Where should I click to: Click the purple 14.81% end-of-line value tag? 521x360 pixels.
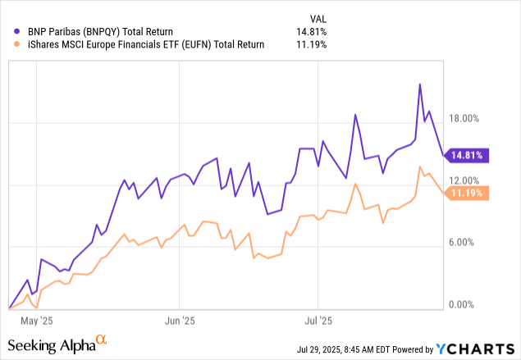[468, 154]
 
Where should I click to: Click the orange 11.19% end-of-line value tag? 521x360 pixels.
[468, 193]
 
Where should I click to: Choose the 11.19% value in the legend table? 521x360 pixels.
[311, 44]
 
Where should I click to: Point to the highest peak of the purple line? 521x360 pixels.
[421, 84]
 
